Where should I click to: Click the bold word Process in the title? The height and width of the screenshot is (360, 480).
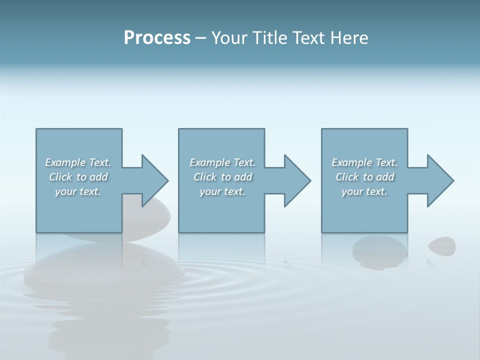(x=157, y=38)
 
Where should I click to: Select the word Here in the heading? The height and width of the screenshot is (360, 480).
(x=350, y=38)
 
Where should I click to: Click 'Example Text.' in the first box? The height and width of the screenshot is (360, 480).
(x=78, y=162)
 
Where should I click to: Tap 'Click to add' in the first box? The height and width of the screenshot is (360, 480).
(x=78, y=177)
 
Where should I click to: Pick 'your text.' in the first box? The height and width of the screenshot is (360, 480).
(x=78, y=191)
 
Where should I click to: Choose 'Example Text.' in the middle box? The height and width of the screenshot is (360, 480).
(x=222, y=162)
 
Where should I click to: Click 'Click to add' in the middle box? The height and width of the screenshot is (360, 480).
(x=222, y=177)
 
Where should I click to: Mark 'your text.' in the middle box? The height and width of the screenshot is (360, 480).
(x=222, y=191)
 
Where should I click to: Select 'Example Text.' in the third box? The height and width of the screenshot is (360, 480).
(x=364, y=162)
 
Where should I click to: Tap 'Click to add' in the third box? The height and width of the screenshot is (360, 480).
(x=364, y=177)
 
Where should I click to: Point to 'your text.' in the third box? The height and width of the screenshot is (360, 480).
(x=364, y=191)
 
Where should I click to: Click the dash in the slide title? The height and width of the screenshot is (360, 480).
(x=200, y=38)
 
